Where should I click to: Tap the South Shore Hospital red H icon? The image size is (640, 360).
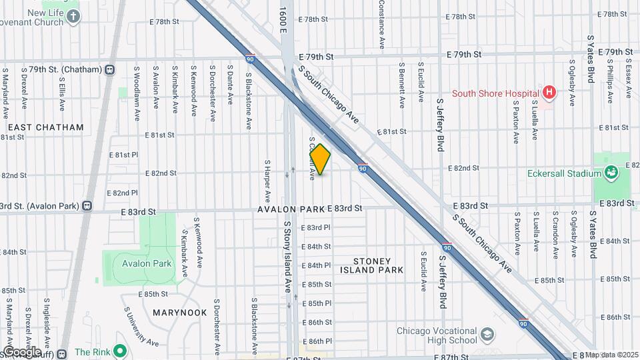[549, 93]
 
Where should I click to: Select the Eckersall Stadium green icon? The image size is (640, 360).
[611, 173]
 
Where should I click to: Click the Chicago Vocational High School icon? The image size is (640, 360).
[488, 331]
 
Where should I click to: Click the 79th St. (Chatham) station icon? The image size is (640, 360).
[109, 69]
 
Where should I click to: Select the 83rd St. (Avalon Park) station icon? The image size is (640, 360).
[87, 205]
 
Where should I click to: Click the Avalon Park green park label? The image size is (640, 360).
[147, 263]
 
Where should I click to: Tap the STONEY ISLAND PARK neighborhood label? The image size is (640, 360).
[371, 265]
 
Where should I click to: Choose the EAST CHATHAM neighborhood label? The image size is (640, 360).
[45, 127]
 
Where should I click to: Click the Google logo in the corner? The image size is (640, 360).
[21, 351]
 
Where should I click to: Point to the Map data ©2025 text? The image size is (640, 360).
[611, 355]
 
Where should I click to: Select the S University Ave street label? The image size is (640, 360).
[141, 327]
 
